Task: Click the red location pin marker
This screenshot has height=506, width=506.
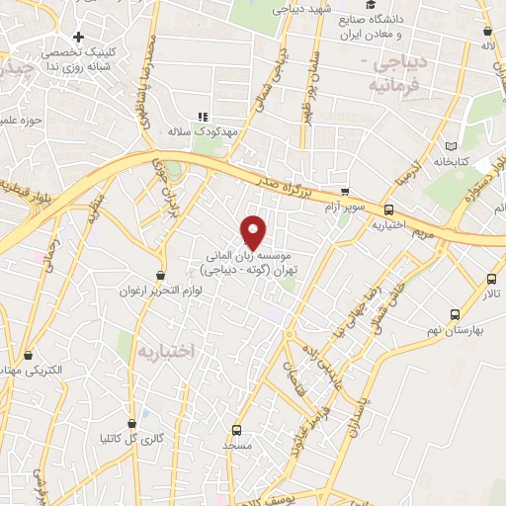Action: pos(254,231)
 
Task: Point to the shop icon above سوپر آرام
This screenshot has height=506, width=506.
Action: pos(344,192)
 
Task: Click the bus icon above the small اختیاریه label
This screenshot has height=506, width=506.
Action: pos(388,209)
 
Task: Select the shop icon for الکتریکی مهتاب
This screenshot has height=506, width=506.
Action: pos(28,355)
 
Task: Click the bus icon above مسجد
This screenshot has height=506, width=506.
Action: pos(235,430)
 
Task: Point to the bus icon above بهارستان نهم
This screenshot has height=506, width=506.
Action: pos(454,314)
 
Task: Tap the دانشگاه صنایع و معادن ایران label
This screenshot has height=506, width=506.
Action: pos(386,28)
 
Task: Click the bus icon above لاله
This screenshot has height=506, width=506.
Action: pos(487,30)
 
